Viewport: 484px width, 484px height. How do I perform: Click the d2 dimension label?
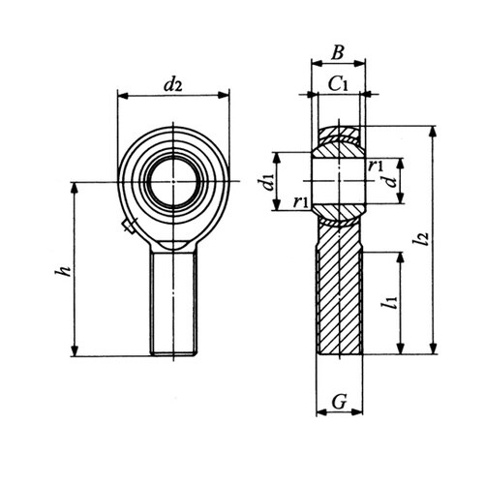pyautogui.click(x=173, y=84)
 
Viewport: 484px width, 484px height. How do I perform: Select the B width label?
pyautogui.click(x=338, y=53)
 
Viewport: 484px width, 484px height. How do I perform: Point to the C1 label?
pyautogui.click(x=338, y=84)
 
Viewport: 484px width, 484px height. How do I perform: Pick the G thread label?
pyautogui.click(x=339, y=402)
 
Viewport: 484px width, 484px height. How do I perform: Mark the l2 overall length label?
pyautogui.click(x=422, y=239)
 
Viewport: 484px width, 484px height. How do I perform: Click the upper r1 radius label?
pyautogui.click(x=375, y=166)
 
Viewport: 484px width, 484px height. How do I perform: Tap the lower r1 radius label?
pyautogui.click(x=301, y=202)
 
